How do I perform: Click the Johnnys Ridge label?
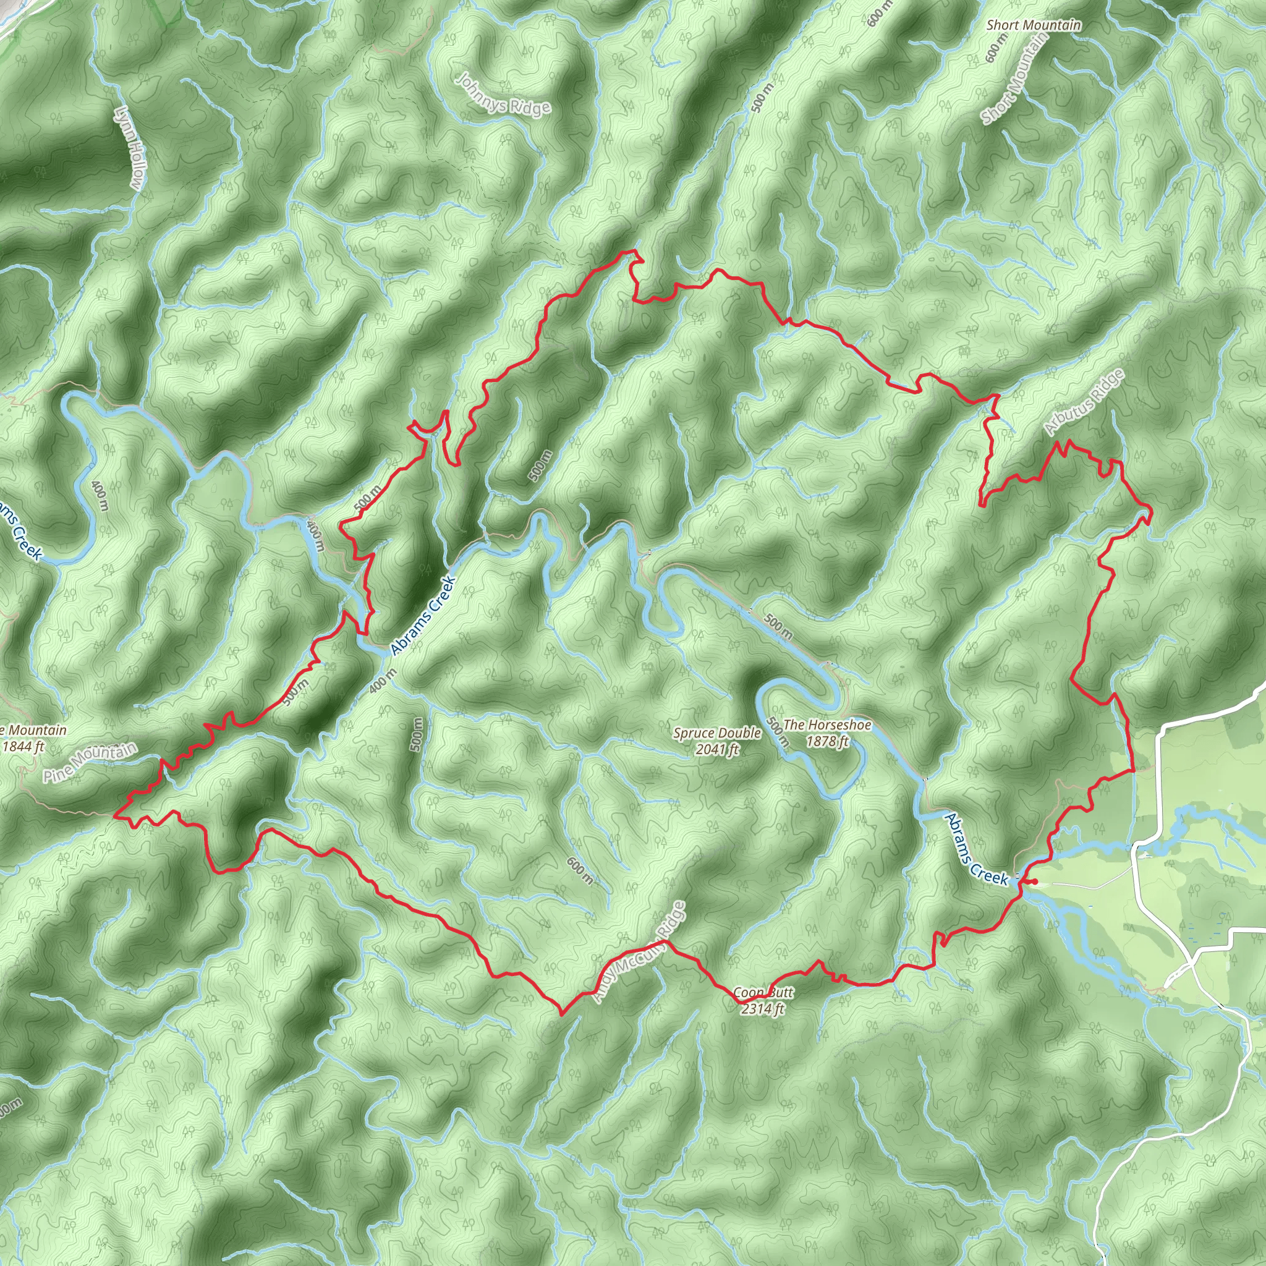[503, 96]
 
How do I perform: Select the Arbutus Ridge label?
[1084, 402]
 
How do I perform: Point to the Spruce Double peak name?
[717, 733]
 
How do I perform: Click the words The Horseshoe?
[827, 724]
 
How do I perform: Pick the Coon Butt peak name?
[763, 992]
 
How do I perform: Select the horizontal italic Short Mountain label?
[1034, 25]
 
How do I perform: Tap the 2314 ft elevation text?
[763, 1008]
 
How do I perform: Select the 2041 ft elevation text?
[717, 749]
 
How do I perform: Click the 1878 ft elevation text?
[827, 741]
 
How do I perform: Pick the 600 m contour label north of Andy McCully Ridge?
[580, 871]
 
